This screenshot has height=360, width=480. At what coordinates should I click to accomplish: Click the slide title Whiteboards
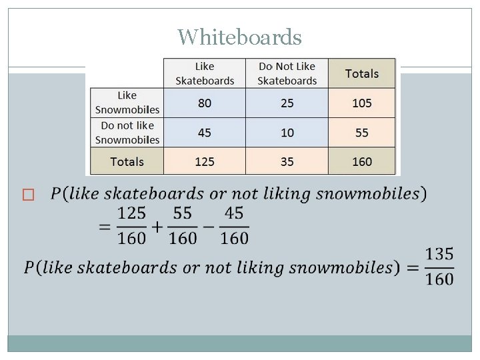coord(239,37)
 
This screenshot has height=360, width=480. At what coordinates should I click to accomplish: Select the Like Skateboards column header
coord(205,73)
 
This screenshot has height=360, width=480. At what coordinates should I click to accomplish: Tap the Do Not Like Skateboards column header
coord(287,73)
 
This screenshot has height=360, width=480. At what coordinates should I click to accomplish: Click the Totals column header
coord(362,73)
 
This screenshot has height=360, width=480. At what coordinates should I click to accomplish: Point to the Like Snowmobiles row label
coord(127,103)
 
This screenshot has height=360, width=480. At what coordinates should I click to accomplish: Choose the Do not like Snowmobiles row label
coord(127,133)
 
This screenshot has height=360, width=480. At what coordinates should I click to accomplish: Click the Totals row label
coord(127,161)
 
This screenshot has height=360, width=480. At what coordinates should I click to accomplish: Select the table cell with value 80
coord(205,103)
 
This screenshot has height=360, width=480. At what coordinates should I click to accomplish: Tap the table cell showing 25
coord(287,103)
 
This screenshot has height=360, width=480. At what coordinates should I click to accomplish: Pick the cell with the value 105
coord(362,103)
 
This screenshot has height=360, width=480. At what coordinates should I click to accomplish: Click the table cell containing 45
coord(205,133)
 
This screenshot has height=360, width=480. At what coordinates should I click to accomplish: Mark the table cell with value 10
coord(287,133)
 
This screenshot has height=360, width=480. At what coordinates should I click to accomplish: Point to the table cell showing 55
coord(362,133)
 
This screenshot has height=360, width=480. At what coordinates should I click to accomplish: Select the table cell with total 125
coord(205,161)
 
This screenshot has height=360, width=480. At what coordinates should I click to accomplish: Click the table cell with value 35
coord(287,161)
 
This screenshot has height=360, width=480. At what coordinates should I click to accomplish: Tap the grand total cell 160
coord(362,161)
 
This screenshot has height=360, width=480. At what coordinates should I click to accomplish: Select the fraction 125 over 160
coord(131,226)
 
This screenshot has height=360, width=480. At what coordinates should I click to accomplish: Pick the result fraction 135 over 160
coord(439,267)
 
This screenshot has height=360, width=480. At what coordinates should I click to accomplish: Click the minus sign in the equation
coord(207,226)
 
